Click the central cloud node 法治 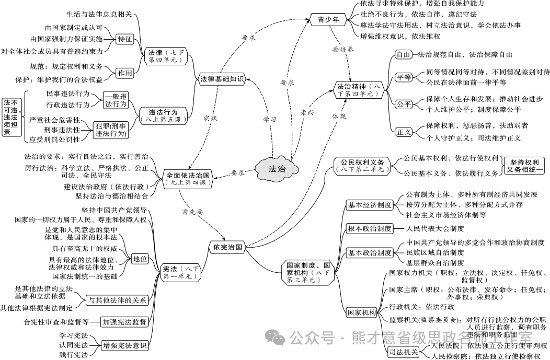(x=277, y=168)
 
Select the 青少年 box (x=328, y=20)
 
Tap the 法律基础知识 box (x=222, y=79)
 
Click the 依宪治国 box (x=227, y=247)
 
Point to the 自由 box (x=403, y=54)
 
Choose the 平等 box (x=403, y=77)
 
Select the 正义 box (x=404, y=132)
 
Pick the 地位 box (x=140, y=259)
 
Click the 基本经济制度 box (x=370, y=205)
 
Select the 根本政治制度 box (x=370, y=228)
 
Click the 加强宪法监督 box (x=124, y=322)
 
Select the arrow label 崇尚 (x=307, y=112)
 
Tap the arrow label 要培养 (x=343, y=49)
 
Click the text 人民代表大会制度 (x=435, y=228)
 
